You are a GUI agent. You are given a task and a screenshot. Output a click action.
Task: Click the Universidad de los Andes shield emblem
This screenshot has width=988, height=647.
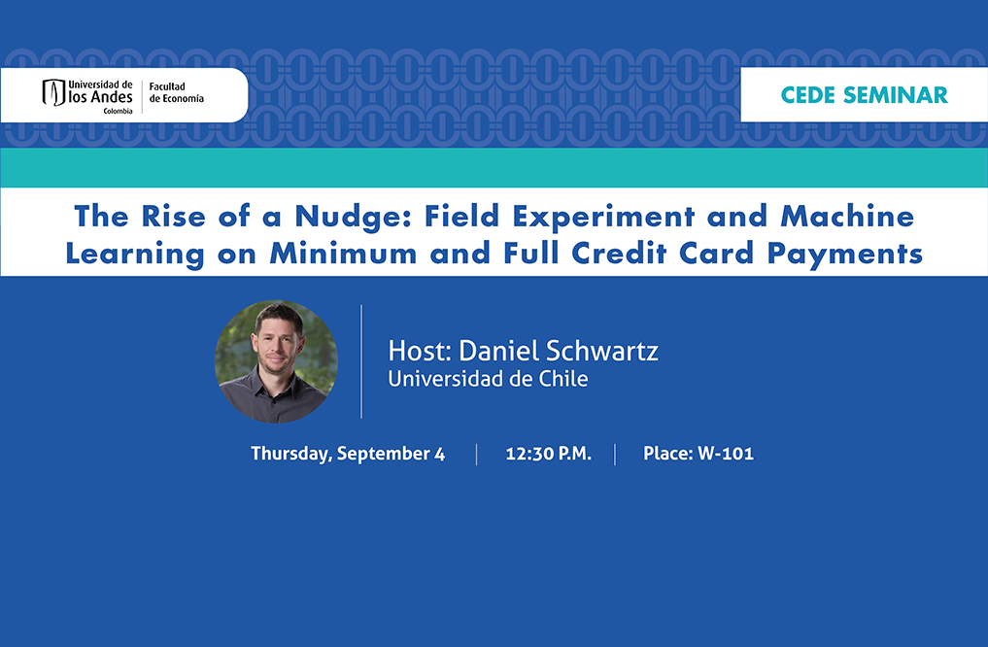click(x=53, y=92)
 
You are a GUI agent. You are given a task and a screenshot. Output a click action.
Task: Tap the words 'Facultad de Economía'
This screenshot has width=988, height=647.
click(x=177, y=92)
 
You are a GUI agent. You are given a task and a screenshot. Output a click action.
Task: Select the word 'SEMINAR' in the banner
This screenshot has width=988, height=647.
click(x=896, y=95)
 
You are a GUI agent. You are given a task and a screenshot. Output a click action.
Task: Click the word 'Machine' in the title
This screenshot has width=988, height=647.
click(x=847, y=216)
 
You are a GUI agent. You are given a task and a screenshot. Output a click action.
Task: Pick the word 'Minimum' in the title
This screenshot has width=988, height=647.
click(x=343, y=254)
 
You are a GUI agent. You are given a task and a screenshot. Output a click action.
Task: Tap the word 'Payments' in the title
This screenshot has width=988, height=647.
click(x=844, y=255)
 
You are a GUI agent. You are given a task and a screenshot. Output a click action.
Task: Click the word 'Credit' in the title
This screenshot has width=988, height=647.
click(x=619, y=254)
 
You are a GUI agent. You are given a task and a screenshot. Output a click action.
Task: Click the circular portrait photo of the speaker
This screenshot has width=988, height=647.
click(x=276, y=361)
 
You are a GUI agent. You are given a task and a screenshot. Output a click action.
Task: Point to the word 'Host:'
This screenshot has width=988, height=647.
click(x=420, y=351)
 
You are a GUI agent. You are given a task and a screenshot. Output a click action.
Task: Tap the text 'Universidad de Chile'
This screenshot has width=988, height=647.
click(x=488, y=379)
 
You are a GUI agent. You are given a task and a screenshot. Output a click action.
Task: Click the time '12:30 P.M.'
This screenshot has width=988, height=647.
click(x=548, y=454)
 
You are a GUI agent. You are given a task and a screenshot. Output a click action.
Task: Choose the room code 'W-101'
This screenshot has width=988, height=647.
click(x=726, y=454)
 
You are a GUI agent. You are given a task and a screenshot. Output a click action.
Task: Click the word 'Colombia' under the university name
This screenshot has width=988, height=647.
click(x=118, y=111)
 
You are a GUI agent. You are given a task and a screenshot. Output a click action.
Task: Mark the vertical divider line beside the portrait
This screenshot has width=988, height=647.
click(x=361, y=361)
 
